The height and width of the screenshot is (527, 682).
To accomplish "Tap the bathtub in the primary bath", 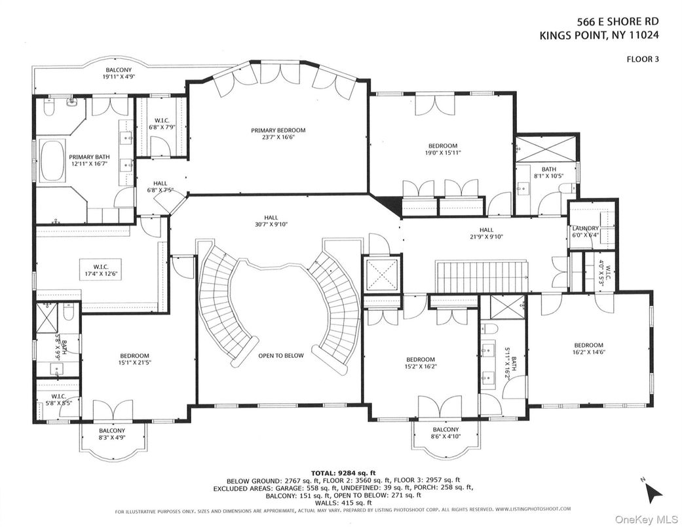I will point(52,161).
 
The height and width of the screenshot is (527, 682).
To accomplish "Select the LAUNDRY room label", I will point(585,232).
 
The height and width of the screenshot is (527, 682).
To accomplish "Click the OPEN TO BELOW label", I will point(281,355).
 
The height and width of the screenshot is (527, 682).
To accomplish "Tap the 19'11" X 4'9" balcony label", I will point(118,74).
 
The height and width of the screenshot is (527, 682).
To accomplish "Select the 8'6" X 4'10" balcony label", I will point(445,433).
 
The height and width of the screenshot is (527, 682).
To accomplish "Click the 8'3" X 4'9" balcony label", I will point(112,434).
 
